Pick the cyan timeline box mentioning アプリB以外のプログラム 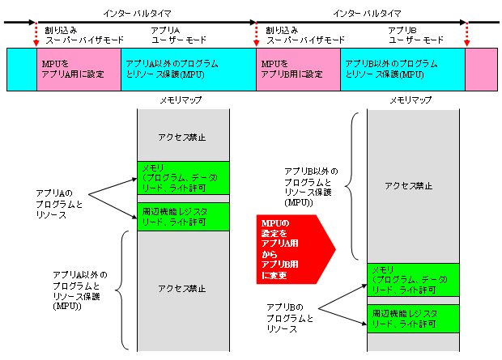pos(402,69)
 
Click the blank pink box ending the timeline pos(482,69)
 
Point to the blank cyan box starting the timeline pos(21,69)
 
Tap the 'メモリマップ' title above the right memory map pos(411,100)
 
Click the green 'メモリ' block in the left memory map pos(183,177)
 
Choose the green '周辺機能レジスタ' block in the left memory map pos(183,217)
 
